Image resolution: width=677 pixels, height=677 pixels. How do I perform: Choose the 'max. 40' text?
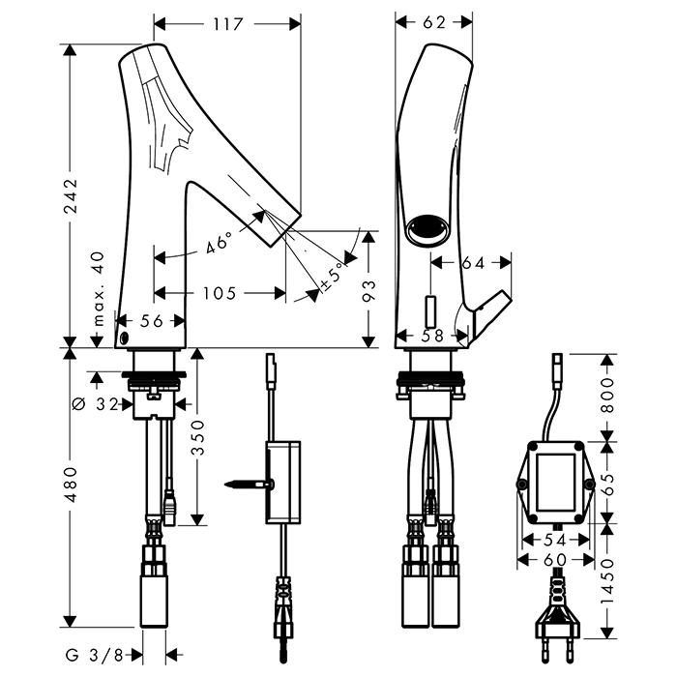[97, 289]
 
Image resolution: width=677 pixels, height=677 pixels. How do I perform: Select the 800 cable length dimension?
[607, 395]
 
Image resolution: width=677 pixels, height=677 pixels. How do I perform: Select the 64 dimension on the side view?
[473, 261]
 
